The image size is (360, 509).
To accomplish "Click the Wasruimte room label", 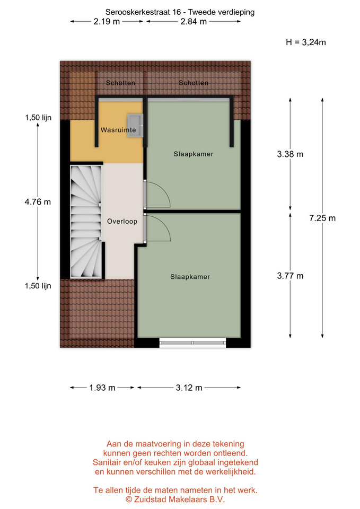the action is pyautogui.click(x=118, y=130).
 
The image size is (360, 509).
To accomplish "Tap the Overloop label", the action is pyautogui.click(x=122, y=222).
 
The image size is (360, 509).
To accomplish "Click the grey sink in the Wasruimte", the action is pyautogui.click(x=135, y=126).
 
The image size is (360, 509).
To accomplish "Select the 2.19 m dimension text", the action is pyautogui.click(x=107, y=22).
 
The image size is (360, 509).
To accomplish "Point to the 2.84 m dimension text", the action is pyautogui.click(x=194, y=22).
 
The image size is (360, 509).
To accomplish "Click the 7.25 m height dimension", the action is pyautogui.click(x=322, y=218).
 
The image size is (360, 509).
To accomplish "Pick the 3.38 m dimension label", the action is pyautogui.click(x=290, y=154).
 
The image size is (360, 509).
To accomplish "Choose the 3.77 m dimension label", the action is pyautogui.click(x=290, y=276).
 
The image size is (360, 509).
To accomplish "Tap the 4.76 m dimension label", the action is pyautogui.click(x=38, y=202).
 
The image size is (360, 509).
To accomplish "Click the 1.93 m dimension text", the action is pyautogui.click(x=102, y=388).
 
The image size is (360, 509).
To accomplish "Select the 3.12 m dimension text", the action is pyautogui.click(x=189, y=388).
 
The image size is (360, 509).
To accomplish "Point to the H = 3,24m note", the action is pyautogui.click(x=306, y=42).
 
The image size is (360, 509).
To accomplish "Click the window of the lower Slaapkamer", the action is pyautogui.click(x=192, y=343).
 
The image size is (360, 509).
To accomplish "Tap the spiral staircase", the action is pyautogui.click(x=86, y=222).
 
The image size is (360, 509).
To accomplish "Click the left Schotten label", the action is pyautogui.click(x=120, y=83).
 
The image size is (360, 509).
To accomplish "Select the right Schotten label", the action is pyautogui.click(x=194, y=83).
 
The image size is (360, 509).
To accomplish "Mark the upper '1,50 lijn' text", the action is pyautogui.click(x=38, y=118).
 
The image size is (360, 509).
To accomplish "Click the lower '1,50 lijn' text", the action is pyautogui.click(x=38, y=286).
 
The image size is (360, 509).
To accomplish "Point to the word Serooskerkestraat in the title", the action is pyautogui.click(x=138, y=12).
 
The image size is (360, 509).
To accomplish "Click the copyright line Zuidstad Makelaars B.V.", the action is pyautogui.click(x=175, y=499).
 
